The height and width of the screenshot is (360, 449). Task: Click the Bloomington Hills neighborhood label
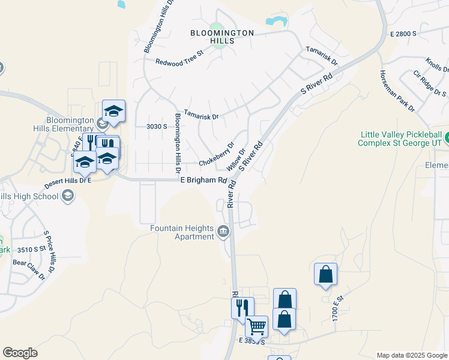click(x=222, y=37)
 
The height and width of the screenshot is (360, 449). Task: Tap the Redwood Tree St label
click(x=180, y=62)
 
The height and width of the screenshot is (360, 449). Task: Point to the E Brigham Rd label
click(x=203, y=180)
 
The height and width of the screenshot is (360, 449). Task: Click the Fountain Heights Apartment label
click(x=182, y=232)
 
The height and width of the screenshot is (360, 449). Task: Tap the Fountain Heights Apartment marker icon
click(x=223, y=231)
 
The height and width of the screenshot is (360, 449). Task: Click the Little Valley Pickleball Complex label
click(x=400, y=139)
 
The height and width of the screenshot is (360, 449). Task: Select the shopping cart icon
click(x=256, y=326)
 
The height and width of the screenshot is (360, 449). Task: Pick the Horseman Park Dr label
click(x=397, y=91)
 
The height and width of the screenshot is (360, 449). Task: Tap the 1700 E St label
click(x=336, y=307)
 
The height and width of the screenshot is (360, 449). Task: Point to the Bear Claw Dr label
click(x=29, y=269)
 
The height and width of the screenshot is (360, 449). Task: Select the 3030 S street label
click(x=156, y=127)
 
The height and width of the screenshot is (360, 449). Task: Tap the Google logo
click(x=20, y=353)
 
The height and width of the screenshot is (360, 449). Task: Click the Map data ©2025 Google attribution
click(x=411, y=355)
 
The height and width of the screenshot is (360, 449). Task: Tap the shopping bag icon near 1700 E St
click(x=325, y=274)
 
